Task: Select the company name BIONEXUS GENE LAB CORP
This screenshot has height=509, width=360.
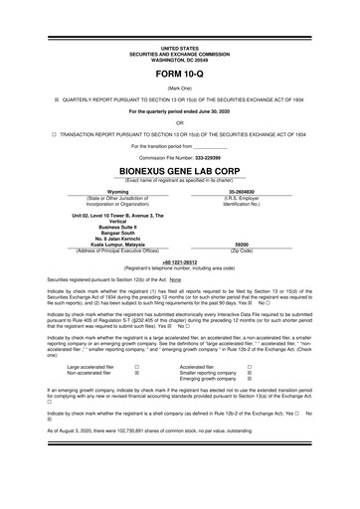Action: (180, 169)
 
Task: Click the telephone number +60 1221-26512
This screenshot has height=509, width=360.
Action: (180, 261)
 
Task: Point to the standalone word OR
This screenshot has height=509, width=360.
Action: (180, 122)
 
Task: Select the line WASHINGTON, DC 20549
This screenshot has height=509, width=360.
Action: (180, 59)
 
